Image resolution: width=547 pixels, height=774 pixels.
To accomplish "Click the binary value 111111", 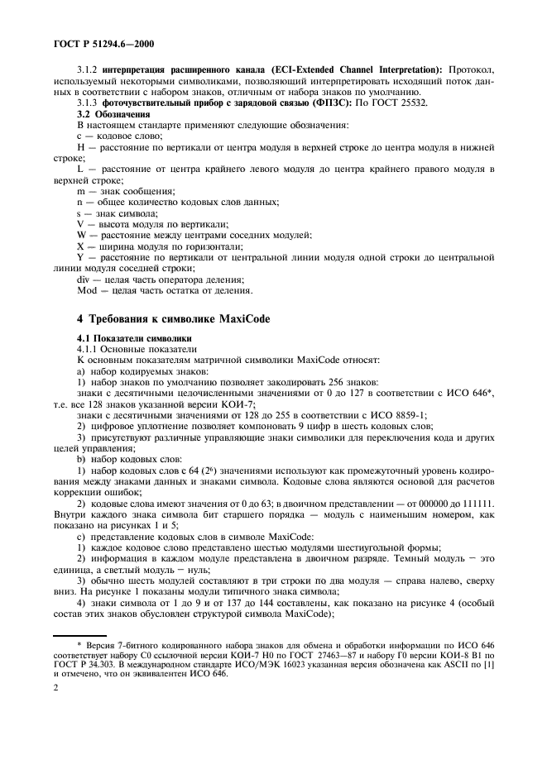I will click(x=480, y=503).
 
